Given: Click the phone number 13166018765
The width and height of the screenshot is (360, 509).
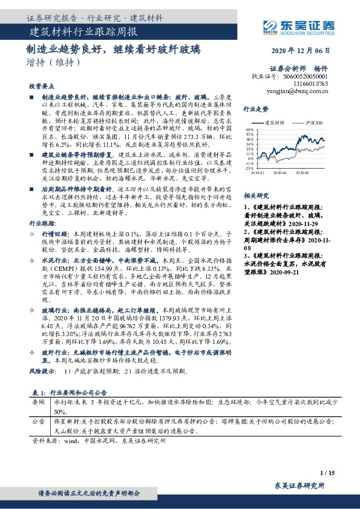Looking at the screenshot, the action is coord(312,85).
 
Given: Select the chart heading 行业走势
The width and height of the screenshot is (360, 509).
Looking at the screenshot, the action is coord(255,109).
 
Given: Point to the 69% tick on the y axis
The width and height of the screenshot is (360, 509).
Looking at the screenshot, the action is coord(250,130).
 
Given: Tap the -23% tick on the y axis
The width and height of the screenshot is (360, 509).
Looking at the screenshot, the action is coord(249,169).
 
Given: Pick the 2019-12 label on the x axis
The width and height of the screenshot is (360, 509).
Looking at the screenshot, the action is coord(258,172).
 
